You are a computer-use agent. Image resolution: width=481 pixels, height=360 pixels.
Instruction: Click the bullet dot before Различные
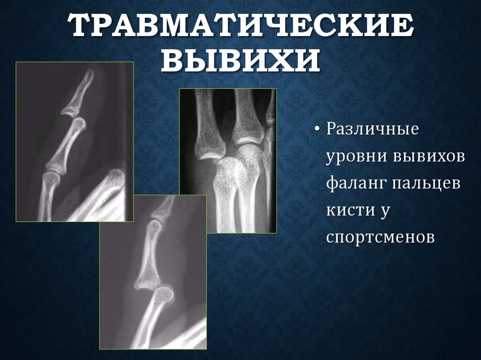[318, 130]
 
